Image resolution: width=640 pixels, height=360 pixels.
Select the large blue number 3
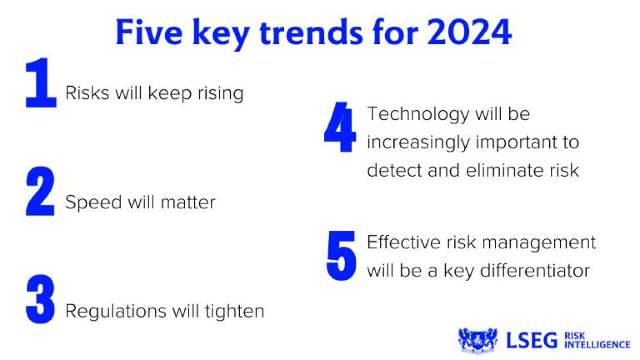coord(40,301)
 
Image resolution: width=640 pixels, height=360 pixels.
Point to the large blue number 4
coord(339,127)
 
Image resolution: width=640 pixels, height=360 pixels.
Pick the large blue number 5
coord(341,255)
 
